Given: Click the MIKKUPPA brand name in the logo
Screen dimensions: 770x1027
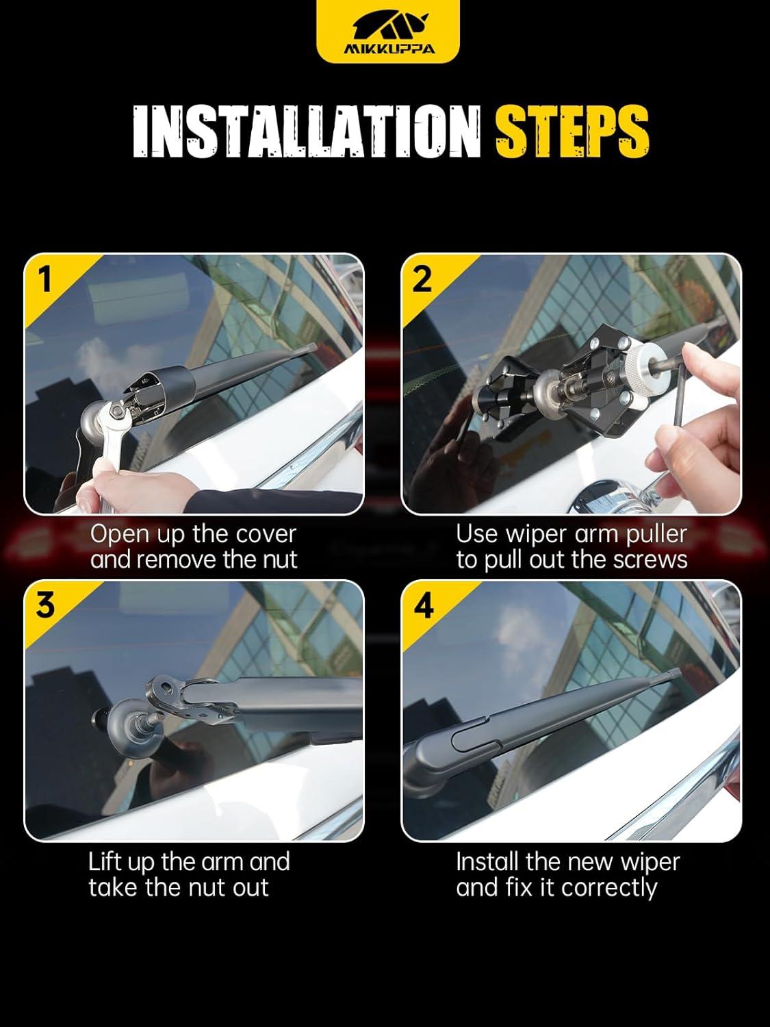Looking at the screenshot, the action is point(389,49).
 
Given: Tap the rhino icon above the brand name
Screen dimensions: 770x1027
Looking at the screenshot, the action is point(389,25).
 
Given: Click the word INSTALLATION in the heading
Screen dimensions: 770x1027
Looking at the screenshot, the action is point(306,132).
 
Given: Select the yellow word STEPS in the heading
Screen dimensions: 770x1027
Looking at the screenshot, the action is point(572,132).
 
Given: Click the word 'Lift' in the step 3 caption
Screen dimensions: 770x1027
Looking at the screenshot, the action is point(103,861).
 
